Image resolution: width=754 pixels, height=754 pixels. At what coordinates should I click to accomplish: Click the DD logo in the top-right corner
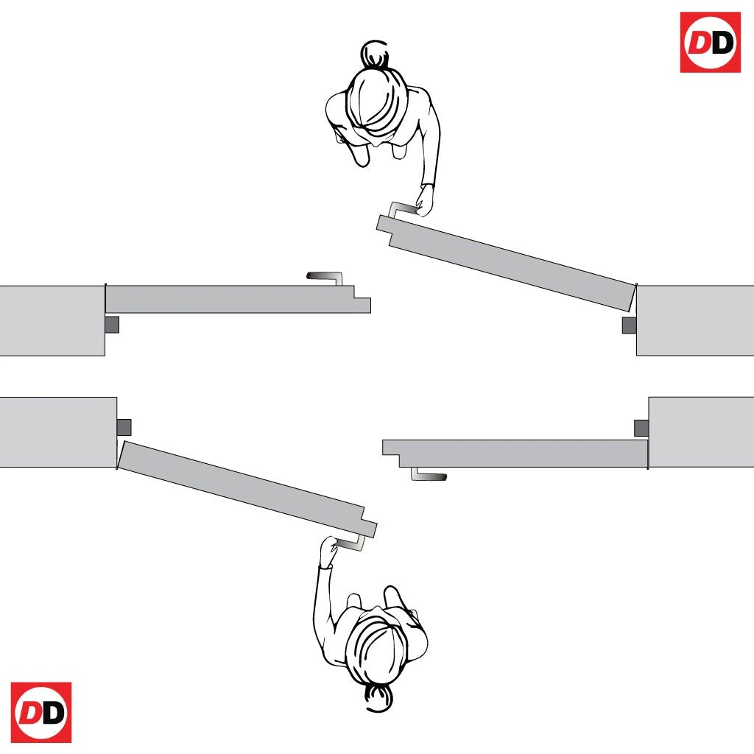click(711, 42)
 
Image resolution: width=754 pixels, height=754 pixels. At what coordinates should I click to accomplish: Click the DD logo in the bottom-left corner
click(41, 712)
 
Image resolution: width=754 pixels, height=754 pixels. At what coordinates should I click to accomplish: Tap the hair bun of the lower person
click(378, 698)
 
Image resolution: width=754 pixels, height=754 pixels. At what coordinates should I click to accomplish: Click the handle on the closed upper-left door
click(326, 275)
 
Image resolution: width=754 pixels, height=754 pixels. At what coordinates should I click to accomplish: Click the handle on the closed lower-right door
click(428, 476)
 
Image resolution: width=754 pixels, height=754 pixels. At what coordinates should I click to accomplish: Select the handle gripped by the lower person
click(352, 544)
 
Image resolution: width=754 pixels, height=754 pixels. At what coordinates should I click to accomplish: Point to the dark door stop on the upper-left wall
click(112, 325)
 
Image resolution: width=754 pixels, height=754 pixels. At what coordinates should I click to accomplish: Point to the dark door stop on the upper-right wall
click(629, 325)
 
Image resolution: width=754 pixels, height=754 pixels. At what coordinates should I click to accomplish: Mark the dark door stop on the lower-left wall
click(124, 428)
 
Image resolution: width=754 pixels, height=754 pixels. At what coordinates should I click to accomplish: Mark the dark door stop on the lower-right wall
click(641, 428)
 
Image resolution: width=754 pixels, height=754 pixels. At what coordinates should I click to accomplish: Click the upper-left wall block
click(52, 321)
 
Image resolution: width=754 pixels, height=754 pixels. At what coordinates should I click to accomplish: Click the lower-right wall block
click(701, 431)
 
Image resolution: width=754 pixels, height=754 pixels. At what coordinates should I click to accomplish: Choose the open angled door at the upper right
click(507, 263)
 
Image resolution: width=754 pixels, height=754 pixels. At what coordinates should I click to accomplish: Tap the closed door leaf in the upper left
click(238, 299)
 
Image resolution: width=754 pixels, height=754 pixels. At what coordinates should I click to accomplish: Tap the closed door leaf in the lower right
click(515, 453)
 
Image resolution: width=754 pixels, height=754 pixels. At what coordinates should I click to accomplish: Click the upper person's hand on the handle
click(425, 201)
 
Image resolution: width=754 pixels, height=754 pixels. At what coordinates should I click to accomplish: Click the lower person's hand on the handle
click(329, 552)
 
